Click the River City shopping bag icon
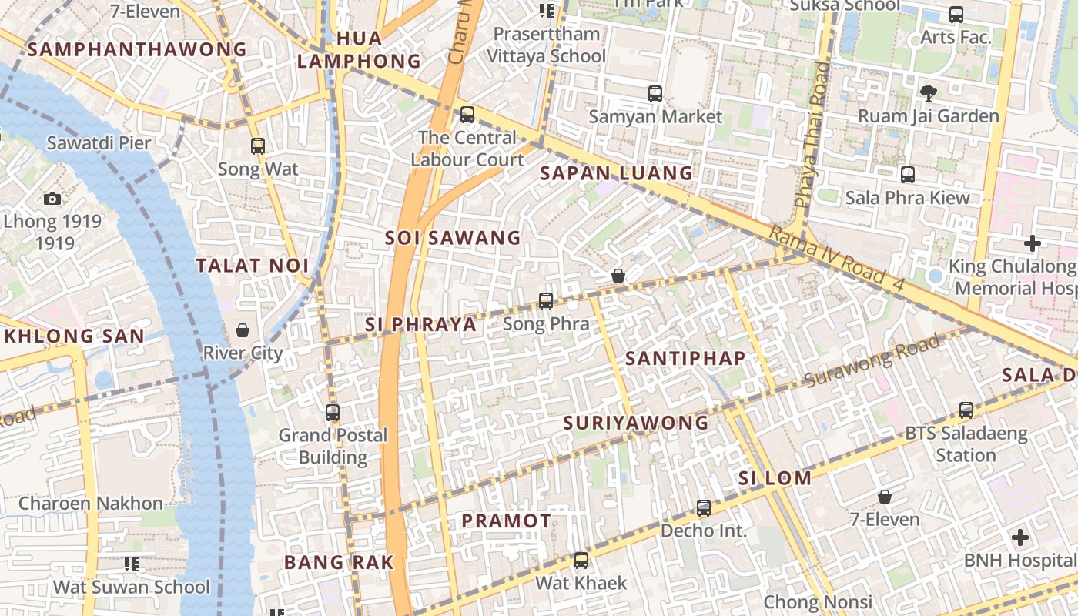pyautogui.click(x=243, y=330)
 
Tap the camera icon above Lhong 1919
pyautogui.click(x=52, y=199)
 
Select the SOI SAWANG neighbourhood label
pyautogui.click(x=453, y=238)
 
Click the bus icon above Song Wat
pyautogui.click(x=258, y=146)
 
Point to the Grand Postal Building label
pyautogui.click(x=333, y=446)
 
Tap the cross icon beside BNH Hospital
pyautogui.click(x=1020, y=537)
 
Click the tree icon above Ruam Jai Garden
pyautogui.click(x=928, y=92)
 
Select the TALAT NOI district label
pyautogui.click(x=252, y=266)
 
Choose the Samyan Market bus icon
pyautogui.click(x=655, y=94)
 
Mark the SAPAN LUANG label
pyautogui.click(x=616, y=173)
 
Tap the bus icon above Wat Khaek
pyautogui.click(x=581, y=560)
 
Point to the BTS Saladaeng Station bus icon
pyautogui.click(x=966, y=410)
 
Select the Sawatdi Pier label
pyautogui.click(x=99, y=142)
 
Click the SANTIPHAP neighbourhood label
pyautogui.click(x=685, y=358)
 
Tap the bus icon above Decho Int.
pyautogui.click(x=704, y=507)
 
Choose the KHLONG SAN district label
pyautogui.click(x=75, y=336)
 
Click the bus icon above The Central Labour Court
pyautogui.click(x=467, y=115)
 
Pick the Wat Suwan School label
pyautogui.click(x=131, y=587)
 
